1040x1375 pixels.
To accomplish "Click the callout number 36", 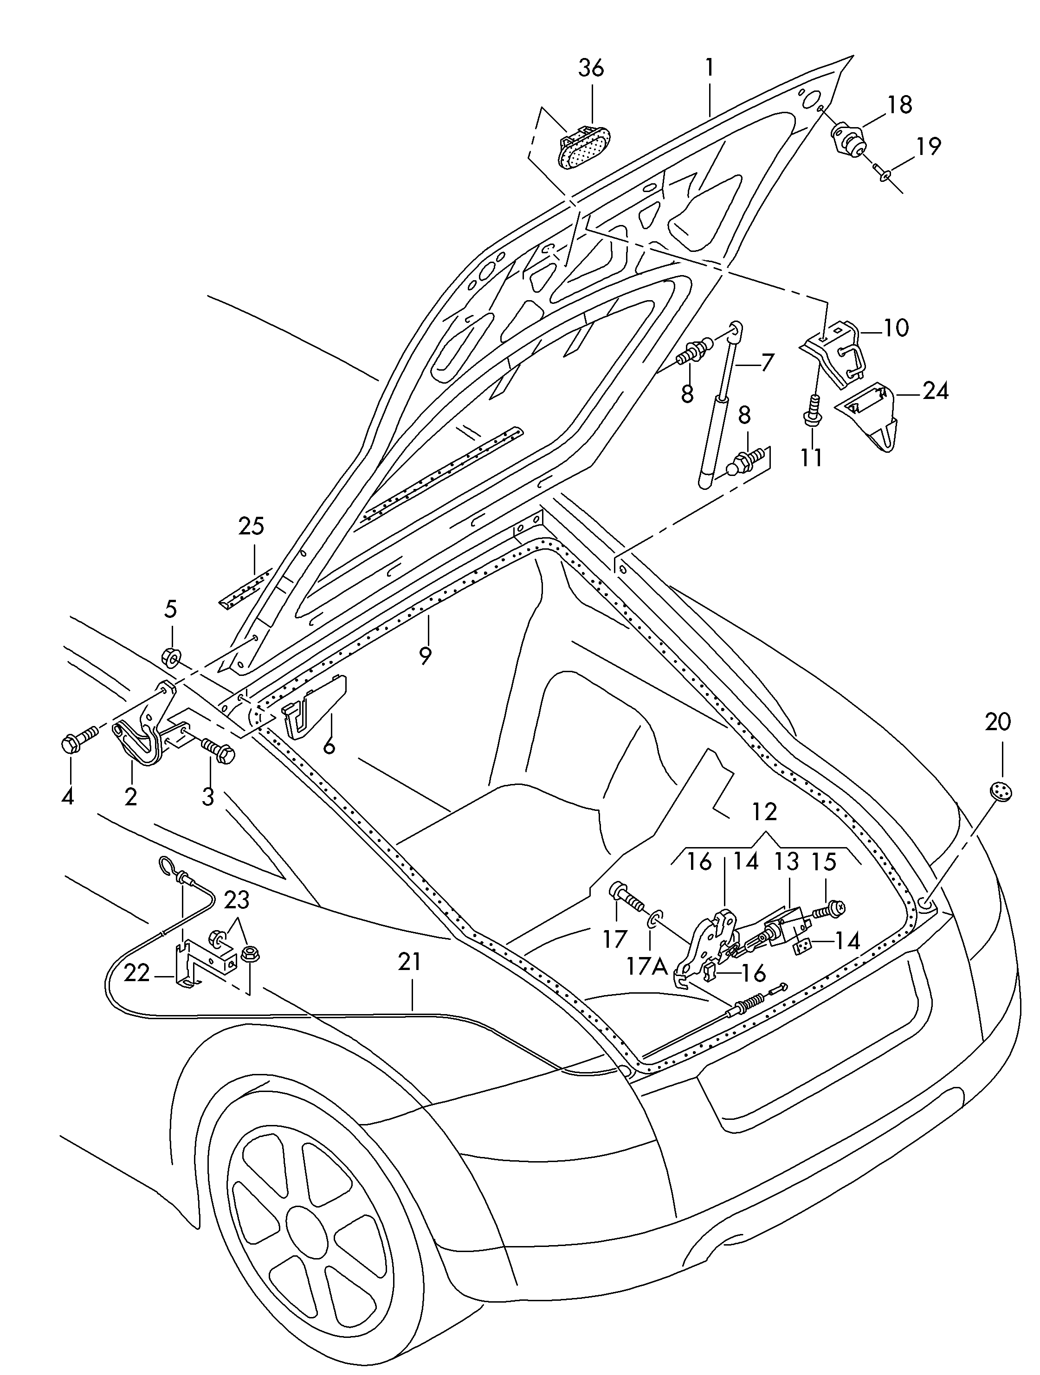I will click(x=591, y=68).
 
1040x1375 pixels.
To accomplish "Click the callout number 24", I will click(x=935, y=391).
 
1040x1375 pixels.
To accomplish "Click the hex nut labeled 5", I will click(x=170, y=656).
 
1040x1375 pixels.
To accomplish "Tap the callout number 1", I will click(x=709, y=68).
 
